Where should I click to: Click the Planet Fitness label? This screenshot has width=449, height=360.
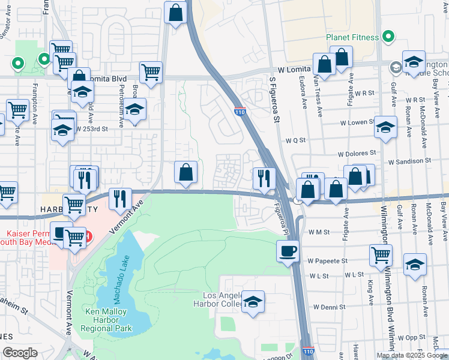click(352, 37)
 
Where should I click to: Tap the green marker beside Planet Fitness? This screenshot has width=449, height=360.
click(388, 37)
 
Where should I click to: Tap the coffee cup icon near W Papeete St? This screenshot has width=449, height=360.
click(288, 250)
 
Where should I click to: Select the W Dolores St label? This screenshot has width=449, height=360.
click(356, 154)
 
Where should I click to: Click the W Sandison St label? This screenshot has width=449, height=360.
click(409, 161)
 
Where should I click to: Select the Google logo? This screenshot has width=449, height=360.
click(20, 353)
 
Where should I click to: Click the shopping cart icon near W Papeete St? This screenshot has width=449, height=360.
click(381, 254)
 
